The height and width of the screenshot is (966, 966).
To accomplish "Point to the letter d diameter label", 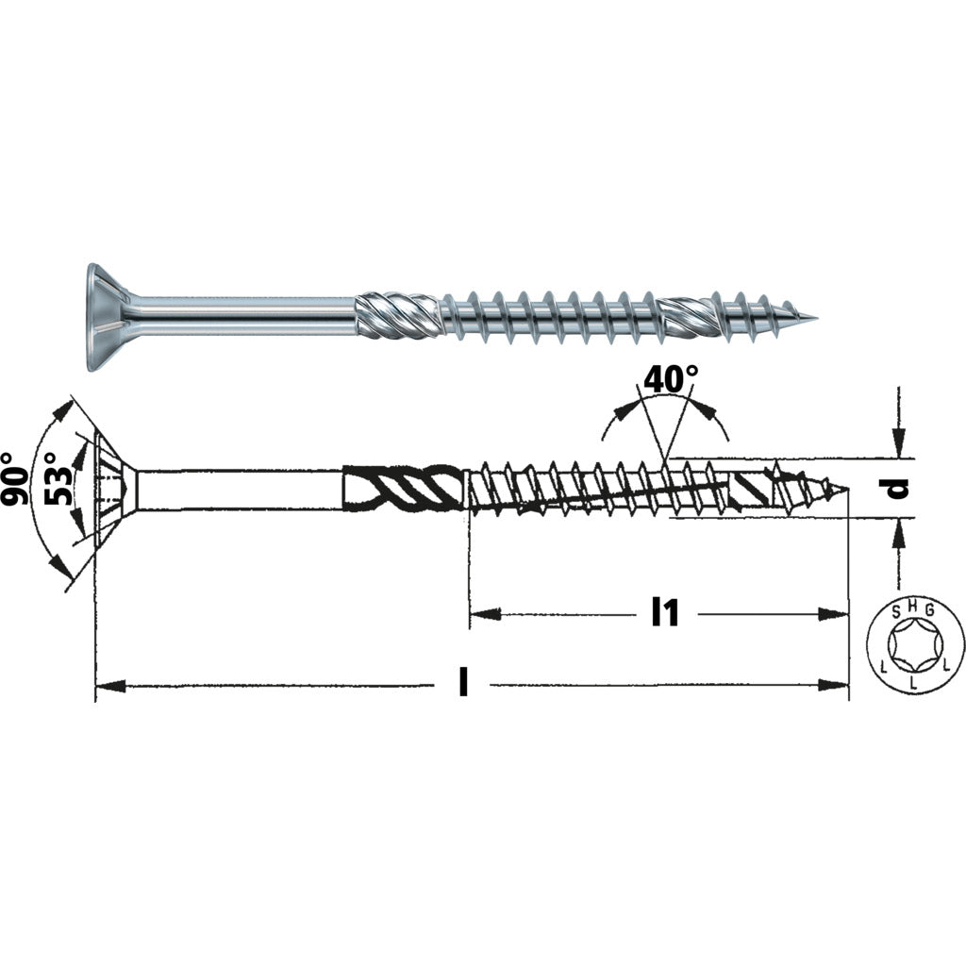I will pyautogui.click(x=899, y=488).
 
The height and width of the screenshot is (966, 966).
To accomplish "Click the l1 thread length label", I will pyautogui.click(x=666, y=613).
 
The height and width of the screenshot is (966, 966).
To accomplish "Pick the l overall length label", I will pyautogui.click(x=463, y=684).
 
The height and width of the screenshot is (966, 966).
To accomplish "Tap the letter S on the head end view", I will pyautogui.click(x=897, y=610).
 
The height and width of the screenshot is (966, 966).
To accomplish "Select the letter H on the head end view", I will pyautogui.click(x=913, y=607).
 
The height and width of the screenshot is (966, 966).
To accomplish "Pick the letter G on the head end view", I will pyautogui.click(x=929, y=610).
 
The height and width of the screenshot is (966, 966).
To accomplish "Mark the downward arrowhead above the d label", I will pyautogui.click(x=899, y=441).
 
